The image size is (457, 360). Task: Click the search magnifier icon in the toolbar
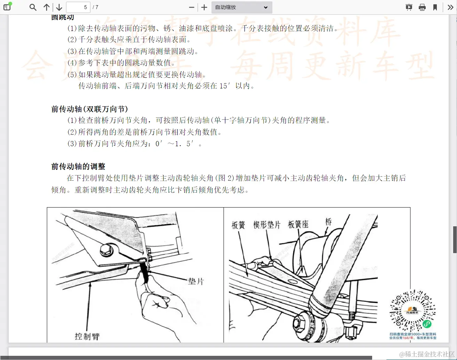pos(33,7)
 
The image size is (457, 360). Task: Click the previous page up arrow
pos(47,7)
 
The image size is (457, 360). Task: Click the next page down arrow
pos(59,7)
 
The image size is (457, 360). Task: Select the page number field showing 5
pos(78,7)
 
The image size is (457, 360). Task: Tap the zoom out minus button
pos(191,7)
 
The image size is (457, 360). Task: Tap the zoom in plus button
pos(204,7)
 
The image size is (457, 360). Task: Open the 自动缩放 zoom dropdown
pos(241,7)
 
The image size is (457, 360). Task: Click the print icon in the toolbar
pos(422,7)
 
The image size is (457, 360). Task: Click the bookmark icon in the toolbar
pos(435,7)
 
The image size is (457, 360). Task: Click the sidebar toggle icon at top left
pos(7,7)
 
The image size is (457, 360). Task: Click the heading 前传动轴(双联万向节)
pos(90,109)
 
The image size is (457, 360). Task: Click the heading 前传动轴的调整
pos(78,166)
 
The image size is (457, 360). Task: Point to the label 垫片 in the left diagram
pos(195,281)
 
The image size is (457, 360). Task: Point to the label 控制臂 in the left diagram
pos(87,336)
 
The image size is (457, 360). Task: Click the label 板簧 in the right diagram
pos(238,225)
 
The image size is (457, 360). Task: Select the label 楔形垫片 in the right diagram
pos(267,225)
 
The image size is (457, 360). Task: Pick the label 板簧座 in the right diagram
pos(298,225)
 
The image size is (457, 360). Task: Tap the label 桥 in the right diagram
pos(328,222)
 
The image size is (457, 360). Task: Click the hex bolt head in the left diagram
pos(106,249)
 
